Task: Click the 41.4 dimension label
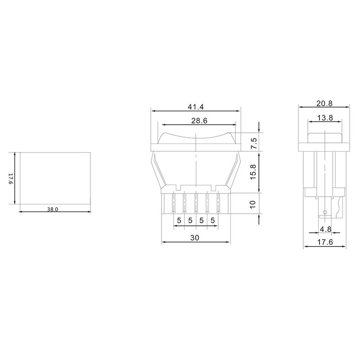tap(196, 107)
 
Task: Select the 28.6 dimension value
tap(199, 121)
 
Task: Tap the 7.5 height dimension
tap(254, 144)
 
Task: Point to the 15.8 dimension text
tap(253, 172)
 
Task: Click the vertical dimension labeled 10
tap(252, 204)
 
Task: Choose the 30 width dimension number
tap(195, 238)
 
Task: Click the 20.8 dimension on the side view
tap(324, 103)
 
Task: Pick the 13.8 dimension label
tap(325, 118)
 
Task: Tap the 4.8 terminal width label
tap(325, 229)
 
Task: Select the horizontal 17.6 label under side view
tap(325, 242)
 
